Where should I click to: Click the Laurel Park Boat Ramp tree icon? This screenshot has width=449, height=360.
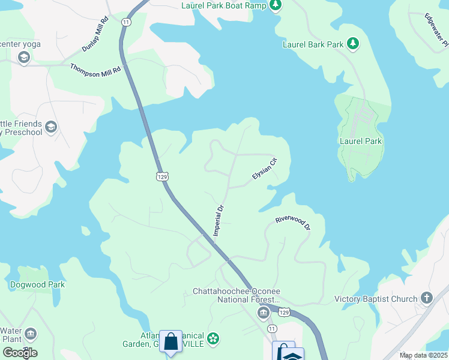(x=275, y=6)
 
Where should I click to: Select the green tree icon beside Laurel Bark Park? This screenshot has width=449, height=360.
(x=354, y=44)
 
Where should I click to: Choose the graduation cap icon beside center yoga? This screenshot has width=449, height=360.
(x=24, y=58)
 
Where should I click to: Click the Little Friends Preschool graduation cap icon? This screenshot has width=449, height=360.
(x=51, y=127)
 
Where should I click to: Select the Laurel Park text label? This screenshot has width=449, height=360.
(x=361, y=141)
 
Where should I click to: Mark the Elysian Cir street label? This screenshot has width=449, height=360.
(x=265, y=169)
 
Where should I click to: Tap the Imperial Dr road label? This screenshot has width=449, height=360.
(x=219, y=220)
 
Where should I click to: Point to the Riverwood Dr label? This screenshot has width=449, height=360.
(x=293, y=223)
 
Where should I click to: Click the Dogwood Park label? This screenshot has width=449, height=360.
(x=37, y=284)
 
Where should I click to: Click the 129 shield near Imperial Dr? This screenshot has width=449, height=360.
(x=161, y=176)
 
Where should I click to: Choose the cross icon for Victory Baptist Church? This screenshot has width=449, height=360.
(x=426, y=298)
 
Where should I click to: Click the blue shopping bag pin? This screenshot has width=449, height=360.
(x=171, y=342)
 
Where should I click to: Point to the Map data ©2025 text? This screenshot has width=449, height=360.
(x=423, y=355)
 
